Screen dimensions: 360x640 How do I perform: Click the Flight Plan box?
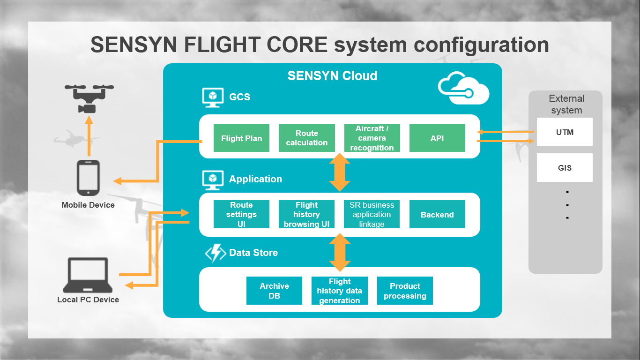pyautogui.click(x=241, y=138)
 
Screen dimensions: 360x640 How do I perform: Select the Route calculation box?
pyautogui.click(x=306, y=138)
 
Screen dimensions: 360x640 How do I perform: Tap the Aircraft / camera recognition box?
pyautogui.click(x=372, y=138)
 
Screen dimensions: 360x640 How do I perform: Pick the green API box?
pyautogui.click(x=437, y=138)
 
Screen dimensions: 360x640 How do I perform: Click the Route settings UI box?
pyautogui.click(x=241, y=214)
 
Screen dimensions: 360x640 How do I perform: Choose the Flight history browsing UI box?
pyautogui.click(x=306, y=214)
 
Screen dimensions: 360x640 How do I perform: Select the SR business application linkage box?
pyautogui.click(x=372, y=214)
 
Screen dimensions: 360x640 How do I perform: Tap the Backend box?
pyautogui.click(x=437, y=214)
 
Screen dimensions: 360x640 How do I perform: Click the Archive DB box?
pyautogui.click(x=274, y=291)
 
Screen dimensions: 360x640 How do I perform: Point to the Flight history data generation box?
pyautogui.click(x=339, y=291)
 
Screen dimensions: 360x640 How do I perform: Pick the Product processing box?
pyautogui.click(x=405, y=291)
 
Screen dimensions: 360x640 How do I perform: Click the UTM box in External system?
pyautogui.click(x=565, y=132)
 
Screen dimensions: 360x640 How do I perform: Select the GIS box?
pyautogui.click(x=565, y=167)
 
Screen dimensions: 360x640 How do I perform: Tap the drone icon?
pyautogui.click(x=89, y=98)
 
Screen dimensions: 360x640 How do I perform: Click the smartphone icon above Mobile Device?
pyautogui.click(x=88, y=178)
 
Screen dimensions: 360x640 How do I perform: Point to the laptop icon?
pyautogui.click(x=88, y=275)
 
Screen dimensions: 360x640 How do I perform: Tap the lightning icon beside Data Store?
pyautogui.click(x=216, y=253)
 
